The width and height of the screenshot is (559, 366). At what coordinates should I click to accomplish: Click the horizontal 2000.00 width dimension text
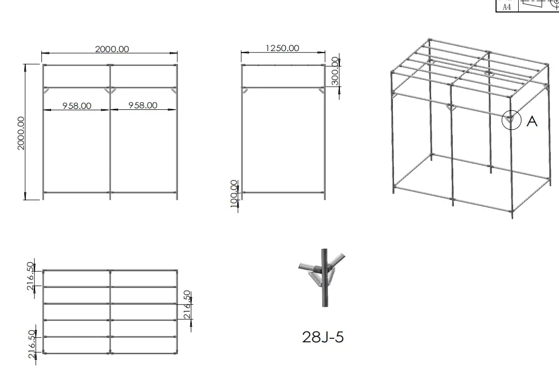tap(112, 49)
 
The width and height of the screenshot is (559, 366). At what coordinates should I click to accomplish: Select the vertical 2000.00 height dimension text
tap(21, 133)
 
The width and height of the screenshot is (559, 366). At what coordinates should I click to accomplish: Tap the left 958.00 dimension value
tap(77, 106)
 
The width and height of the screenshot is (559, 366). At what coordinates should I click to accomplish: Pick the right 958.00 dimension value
tap(143, 105)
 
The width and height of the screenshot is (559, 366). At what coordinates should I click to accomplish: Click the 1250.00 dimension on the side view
tap(283, 48)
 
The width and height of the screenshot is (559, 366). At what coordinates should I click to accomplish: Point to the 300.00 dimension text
tap(335, 71)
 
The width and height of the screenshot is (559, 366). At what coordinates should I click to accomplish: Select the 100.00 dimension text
tap(234, 193)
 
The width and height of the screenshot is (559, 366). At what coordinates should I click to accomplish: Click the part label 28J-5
tap(323, 337)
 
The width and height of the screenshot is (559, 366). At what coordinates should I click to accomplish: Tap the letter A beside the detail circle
tap(532, 121)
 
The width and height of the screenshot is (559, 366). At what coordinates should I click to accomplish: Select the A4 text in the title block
tap(506, 7)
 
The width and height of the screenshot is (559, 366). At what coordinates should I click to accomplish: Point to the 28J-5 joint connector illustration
tap(323, 278)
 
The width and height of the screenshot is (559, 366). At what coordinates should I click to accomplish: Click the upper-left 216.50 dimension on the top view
tap(31, 276)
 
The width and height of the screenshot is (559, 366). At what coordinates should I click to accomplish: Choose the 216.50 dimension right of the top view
tap(187, 305)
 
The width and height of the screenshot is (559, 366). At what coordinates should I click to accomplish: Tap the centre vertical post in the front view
tap(110, 132)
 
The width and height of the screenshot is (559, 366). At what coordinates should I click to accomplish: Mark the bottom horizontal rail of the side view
tap(284, 192)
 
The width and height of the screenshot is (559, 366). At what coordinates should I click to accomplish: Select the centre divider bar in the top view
tap(110, 312)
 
